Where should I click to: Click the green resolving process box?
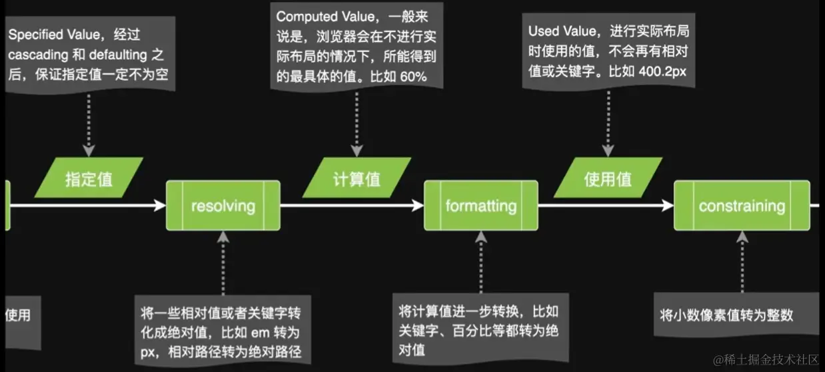point(223,206)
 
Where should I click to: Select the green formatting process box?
point(480,206)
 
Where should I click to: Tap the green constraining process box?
point(742,206)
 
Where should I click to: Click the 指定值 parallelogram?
point(89,178)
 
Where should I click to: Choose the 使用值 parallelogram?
point(608,178)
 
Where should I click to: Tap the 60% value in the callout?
point(413,77)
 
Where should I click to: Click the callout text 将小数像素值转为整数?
point(726,315)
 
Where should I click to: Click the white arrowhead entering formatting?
point(418,206)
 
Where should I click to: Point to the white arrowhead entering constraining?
point(668,206)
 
